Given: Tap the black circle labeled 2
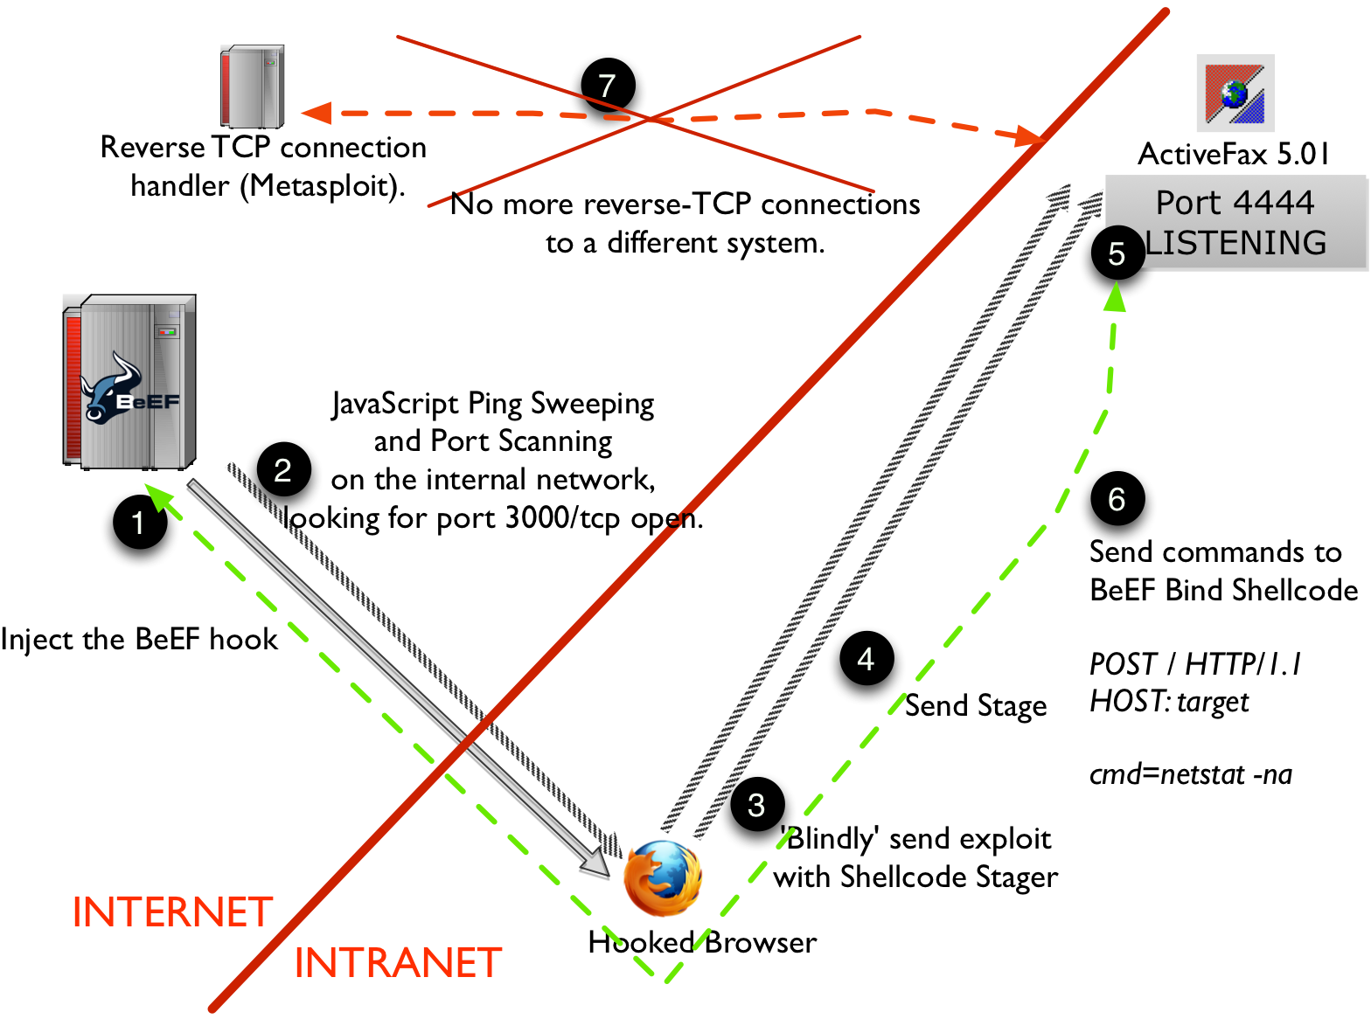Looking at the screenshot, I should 284,470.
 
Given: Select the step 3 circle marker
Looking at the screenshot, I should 756,804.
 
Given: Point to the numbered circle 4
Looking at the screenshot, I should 866,658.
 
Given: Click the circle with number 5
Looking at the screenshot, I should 1117,253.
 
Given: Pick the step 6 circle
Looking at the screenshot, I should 1117,499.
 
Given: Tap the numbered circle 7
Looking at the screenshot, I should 608,86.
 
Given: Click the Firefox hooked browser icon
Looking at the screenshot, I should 663,878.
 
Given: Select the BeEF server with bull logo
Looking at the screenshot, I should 130,382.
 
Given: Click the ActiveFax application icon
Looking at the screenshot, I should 1235,93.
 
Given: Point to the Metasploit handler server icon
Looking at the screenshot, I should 252,86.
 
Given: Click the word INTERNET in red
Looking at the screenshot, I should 172,912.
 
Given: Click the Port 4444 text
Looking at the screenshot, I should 1235,203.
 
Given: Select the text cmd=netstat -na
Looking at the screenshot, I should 1190,774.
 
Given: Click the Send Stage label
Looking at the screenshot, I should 975,705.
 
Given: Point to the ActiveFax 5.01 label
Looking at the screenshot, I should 1234,155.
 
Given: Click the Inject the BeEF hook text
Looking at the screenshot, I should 139,639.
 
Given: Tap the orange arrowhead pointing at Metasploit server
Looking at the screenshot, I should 317,113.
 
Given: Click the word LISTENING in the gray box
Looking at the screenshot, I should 1235,243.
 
